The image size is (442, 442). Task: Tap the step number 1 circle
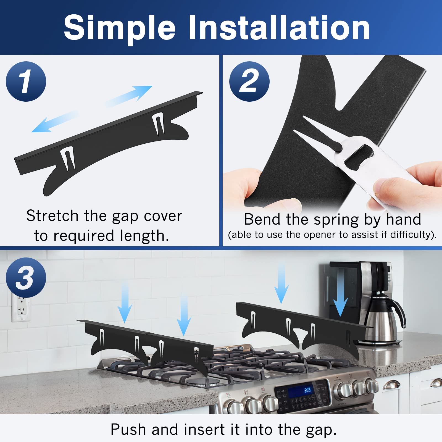(26, 81)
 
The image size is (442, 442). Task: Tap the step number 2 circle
(249, 81)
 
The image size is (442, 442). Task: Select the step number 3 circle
(26, 278)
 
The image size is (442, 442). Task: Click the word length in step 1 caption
(144, 236)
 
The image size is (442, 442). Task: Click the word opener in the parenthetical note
(320, 235)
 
